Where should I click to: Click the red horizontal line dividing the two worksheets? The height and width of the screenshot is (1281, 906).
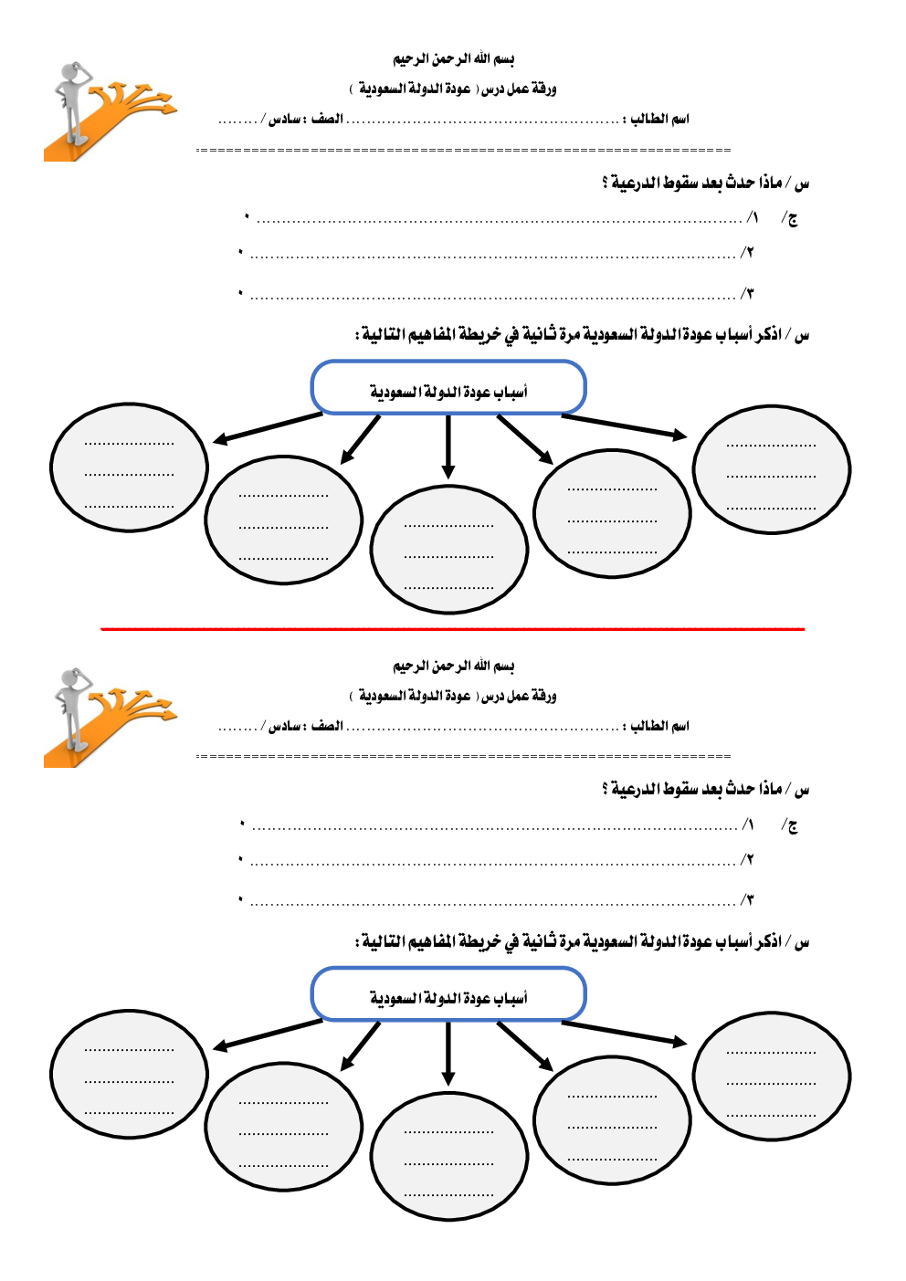[x=452, y=629]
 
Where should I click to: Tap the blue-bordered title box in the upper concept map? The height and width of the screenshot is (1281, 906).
[x=448, y=388]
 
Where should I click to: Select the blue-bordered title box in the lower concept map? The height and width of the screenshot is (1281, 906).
[x=448, y=994]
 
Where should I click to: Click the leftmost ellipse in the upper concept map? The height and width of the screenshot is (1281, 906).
[x=129, y=467]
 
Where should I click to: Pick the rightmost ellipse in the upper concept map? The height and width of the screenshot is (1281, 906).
[x=772, y=469]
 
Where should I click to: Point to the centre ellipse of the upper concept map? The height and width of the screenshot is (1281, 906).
[x=448, y=550]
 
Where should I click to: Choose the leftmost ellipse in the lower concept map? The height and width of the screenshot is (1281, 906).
[x=129, y=1074]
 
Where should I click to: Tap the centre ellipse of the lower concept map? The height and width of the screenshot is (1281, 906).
[x=448, y=1156]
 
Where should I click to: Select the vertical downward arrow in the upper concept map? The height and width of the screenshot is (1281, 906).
[x=448, y=446]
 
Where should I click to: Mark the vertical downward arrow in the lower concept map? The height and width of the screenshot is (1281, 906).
[x=448, y=1053]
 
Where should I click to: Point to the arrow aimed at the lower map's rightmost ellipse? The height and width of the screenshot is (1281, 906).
[x=624, y=1033]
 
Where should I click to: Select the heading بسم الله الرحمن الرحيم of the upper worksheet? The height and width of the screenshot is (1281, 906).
[x=453, y=59]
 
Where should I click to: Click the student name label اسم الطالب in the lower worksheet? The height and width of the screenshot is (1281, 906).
[x=660, y=726]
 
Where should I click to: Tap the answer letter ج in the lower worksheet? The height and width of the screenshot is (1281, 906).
[x=792, y=826]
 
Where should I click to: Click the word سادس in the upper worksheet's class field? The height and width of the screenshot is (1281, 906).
[x=285, y=120]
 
